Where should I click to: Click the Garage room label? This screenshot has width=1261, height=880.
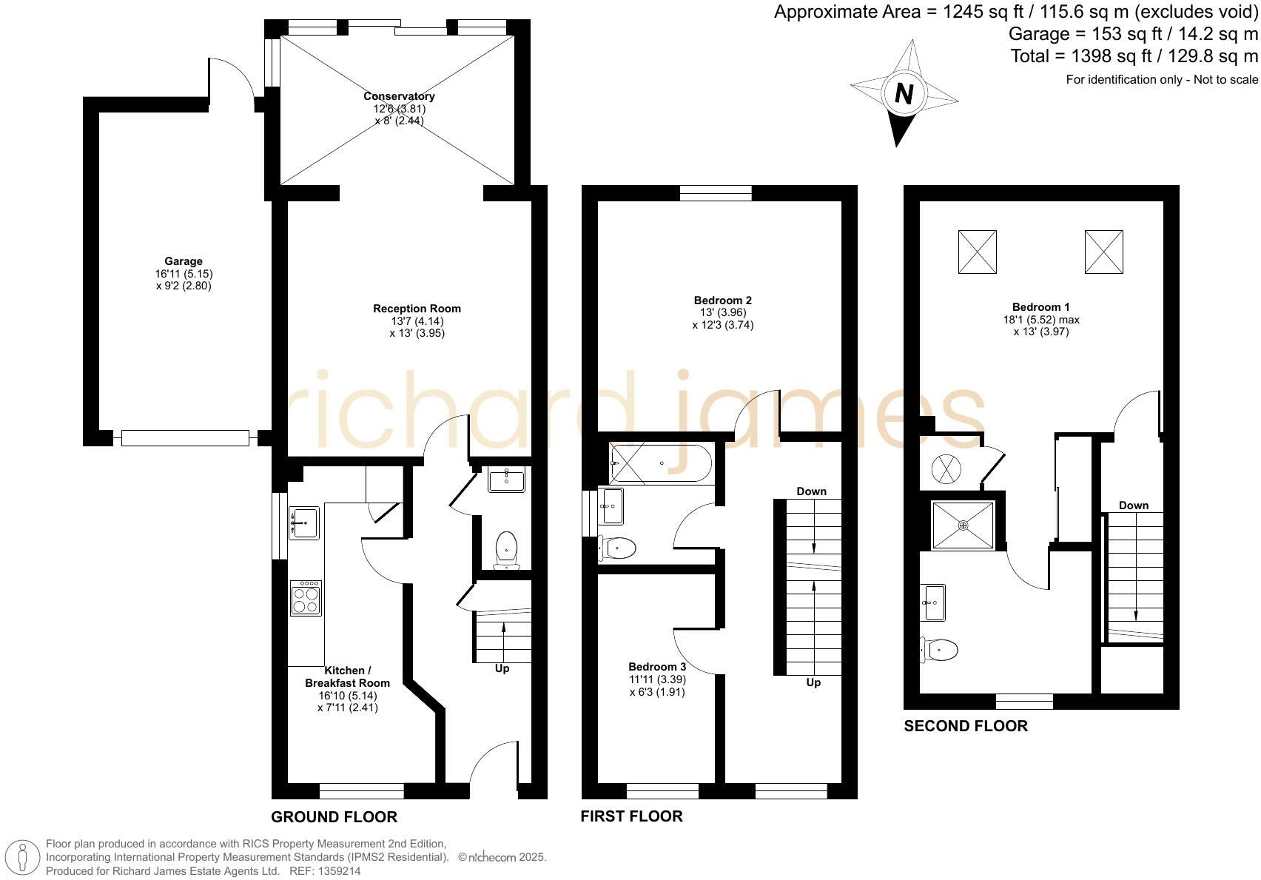pos(184,261)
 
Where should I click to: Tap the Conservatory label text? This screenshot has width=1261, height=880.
pos(399,96)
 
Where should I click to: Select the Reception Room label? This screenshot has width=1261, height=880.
pos(417,309)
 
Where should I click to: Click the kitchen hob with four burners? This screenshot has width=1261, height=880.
pos(306,597)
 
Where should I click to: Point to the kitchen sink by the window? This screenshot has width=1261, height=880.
pos(303,523)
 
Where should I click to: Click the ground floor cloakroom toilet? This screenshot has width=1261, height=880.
pos(507,550)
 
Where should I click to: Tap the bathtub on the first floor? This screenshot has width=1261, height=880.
pos(660,463)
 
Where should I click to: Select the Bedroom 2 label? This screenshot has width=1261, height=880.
pos(722,300)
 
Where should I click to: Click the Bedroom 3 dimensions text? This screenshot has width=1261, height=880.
pos(657,686)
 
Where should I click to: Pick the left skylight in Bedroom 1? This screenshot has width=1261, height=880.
pos(977,252)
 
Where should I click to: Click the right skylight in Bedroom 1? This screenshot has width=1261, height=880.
pos(1103,252)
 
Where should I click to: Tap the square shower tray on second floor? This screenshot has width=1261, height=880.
pos(963,525)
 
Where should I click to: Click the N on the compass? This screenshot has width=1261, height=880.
pos(904,94)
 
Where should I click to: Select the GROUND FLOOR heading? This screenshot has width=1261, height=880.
pos(334,817)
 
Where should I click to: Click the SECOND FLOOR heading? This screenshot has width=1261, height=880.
pos(965,726)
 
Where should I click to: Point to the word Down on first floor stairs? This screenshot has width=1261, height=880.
pos(811,491)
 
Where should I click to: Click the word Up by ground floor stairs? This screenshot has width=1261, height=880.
pos(502,668)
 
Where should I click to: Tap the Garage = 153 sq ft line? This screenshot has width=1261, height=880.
pos(1132,34)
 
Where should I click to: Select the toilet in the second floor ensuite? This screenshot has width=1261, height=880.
pos(940,651)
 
